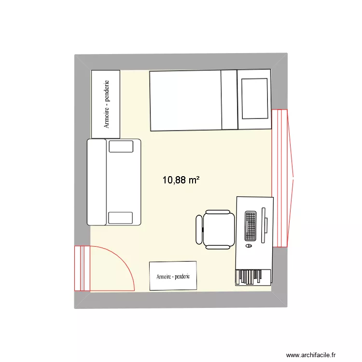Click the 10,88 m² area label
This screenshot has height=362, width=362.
point(181,180)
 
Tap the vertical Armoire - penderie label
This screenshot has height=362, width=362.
point(106,104)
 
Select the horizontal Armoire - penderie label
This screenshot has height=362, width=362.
point(173,277)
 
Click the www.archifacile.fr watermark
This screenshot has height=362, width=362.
point(311,355)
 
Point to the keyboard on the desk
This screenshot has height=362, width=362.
point(251,226)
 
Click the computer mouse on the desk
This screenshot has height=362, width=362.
point(249,246)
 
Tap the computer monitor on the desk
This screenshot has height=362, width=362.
point(264,225)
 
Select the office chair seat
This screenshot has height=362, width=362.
point(219,229)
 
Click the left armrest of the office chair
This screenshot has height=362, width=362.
point(199,229)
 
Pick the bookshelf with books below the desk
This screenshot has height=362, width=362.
point(253,277)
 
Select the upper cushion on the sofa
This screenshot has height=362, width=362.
point(121,146)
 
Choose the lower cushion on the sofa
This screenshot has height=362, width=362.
point(121,218)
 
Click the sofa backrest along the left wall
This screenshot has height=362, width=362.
point(97,182)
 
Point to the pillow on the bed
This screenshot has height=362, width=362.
point(255,98)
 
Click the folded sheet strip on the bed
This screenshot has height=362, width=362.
point(229,100)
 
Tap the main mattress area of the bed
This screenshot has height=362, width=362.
point(186,101)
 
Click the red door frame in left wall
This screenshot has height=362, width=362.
point(82,268)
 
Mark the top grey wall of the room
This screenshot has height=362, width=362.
point(181,62)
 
